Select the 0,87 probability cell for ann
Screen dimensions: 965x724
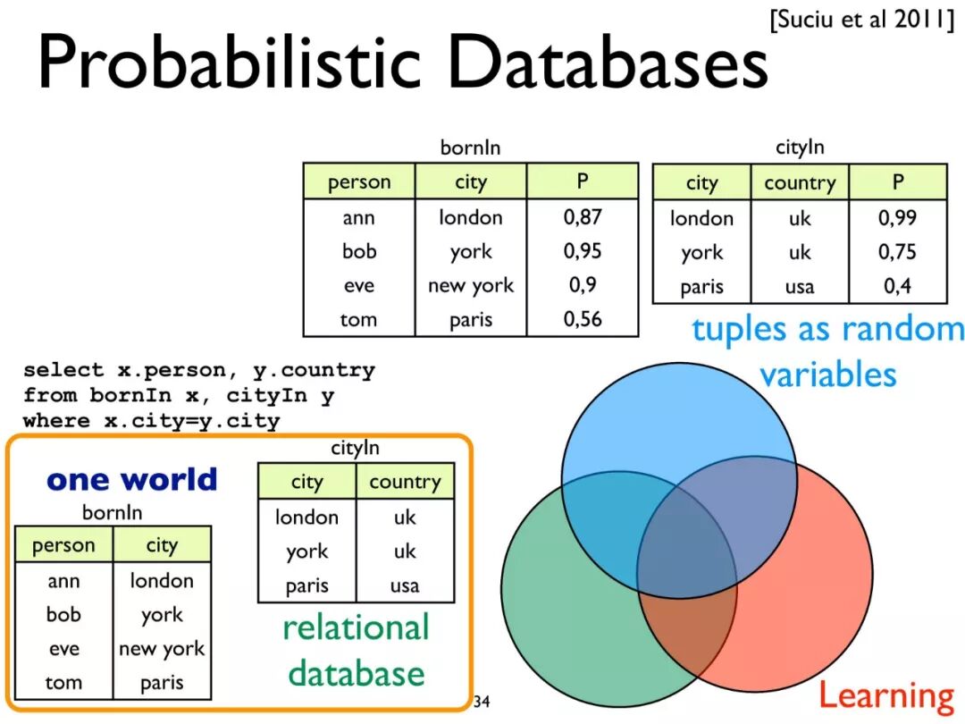pos(583,217)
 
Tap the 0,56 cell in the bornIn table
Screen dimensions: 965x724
pos(583,319)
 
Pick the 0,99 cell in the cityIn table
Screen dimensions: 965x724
pos(897,217)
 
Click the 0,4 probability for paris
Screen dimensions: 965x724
pos(897,286)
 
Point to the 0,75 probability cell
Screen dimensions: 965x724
pos(897,252)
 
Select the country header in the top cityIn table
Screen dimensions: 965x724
pos(799,183)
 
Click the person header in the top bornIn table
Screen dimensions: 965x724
pos(359,182)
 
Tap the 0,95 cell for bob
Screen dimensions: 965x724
pos(583,251)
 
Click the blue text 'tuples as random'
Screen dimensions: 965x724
pos(827,329)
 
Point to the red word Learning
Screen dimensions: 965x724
pos(886,695)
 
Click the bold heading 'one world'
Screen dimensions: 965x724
pos(132,480)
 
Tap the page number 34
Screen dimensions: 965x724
pos(482,700)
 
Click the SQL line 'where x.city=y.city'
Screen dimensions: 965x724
pos(152,420)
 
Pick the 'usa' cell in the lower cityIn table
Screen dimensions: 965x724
pos(405,586)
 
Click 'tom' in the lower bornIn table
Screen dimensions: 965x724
pos(63,683)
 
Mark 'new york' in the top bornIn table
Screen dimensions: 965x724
pos(471,285)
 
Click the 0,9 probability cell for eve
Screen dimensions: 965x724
pos(583,285)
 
